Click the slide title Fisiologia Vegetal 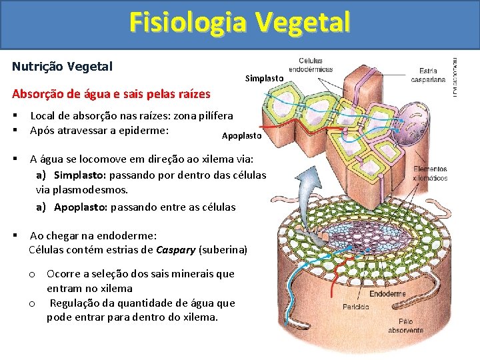tap(239, 23)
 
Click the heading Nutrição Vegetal tap(63, 67)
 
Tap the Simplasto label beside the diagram tap(264, 79)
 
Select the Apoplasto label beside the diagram tap(243, 135)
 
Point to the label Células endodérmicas tap(311, 65)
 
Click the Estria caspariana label tap(428, 75)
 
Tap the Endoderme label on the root tap(387, 293)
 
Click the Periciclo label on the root tap(356, 307)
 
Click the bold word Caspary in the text tap(176, 250)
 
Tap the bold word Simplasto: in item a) tap(79, 175)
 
